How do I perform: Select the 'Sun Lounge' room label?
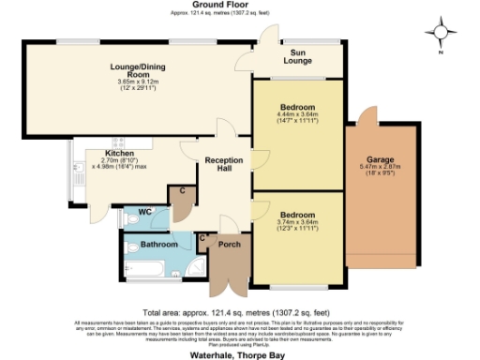coord(301,58)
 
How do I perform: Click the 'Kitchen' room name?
coord(120,153)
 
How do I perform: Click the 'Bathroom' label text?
coord(158,244)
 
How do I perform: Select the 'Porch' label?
coord(229,245)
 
